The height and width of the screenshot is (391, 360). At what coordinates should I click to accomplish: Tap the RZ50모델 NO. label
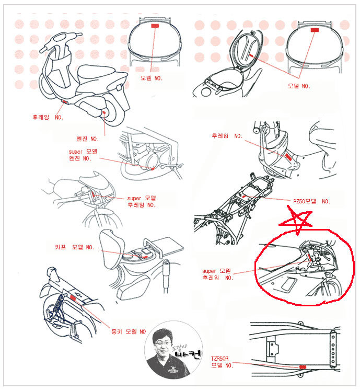point(311,201)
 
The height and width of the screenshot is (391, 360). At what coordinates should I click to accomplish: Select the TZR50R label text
point(219,359)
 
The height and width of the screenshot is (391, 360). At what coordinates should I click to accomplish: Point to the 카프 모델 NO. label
point(75,247)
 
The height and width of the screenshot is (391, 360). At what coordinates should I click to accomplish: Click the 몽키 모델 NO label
point(129,331)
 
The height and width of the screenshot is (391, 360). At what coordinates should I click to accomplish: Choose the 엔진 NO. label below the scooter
point(87,139)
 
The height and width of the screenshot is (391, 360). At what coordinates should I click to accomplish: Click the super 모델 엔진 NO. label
point(83,155)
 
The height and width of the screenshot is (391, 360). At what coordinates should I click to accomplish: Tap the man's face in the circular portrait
point(163,344)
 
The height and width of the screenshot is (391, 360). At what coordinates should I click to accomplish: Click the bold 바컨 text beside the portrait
point(188,354)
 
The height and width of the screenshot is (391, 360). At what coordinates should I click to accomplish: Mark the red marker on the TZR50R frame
point(303,367)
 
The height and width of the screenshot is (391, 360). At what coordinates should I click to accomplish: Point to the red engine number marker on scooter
point(104,113)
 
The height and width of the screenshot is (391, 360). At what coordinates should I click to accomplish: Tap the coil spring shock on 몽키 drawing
point(58,305)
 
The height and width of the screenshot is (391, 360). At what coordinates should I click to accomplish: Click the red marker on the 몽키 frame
point(73,298)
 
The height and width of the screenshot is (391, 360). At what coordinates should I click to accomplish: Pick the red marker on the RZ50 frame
point(243,197)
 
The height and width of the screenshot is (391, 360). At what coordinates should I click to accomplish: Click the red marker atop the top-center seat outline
point(155,26)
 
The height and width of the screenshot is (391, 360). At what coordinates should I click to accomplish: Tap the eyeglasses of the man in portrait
point(163,343)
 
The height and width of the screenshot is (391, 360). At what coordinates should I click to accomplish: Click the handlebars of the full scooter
point(61,40)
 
